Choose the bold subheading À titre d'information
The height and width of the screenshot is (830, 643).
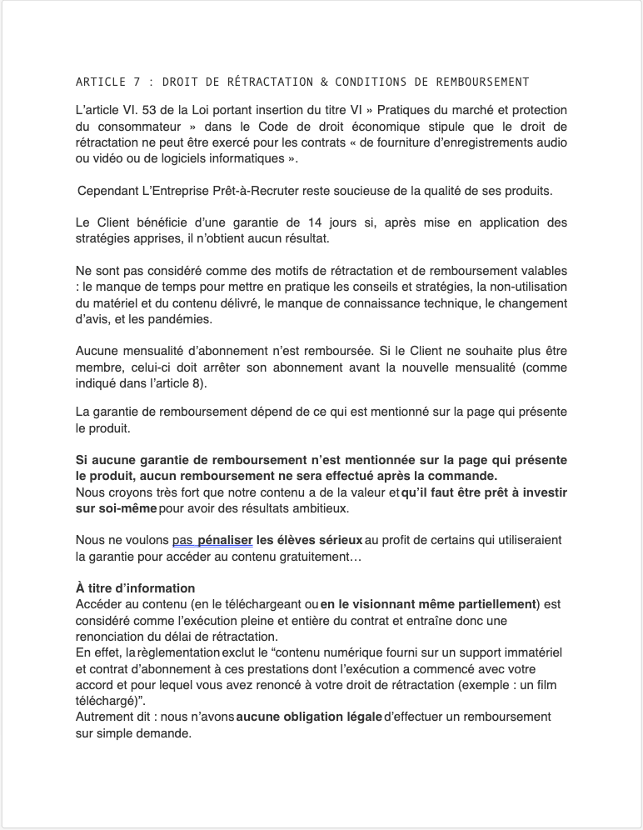(135, 587)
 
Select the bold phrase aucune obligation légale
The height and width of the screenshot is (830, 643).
(309, 717)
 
